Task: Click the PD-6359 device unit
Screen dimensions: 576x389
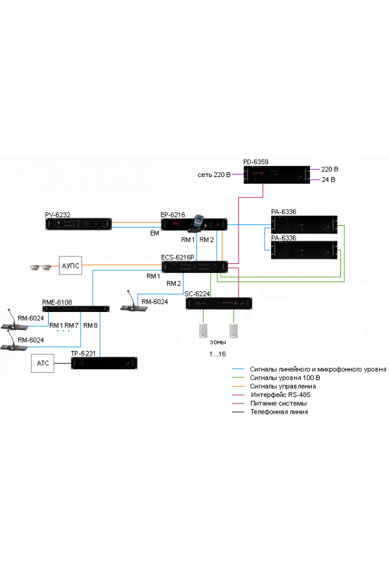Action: click(277, 174)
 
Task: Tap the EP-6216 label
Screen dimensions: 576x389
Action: click(173, 214)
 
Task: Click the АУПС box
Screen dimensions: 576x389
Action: click(71, 265)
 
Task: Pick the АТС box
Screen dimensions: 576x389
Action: click(42, 364)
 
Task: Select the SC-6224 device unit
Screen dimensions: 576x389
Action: click(218, 304)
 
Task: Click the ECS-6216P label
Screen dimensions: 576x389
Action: click(179, 257)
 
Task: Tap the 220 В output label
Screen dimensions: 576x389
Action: click(329, 169)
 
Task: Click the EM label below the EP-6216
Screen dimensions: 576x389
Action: click(154, 232)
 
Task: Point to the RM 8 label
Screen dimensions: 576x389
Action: click(91, 325)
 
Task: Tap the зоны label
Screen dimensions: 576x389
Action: click(218, 341)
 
